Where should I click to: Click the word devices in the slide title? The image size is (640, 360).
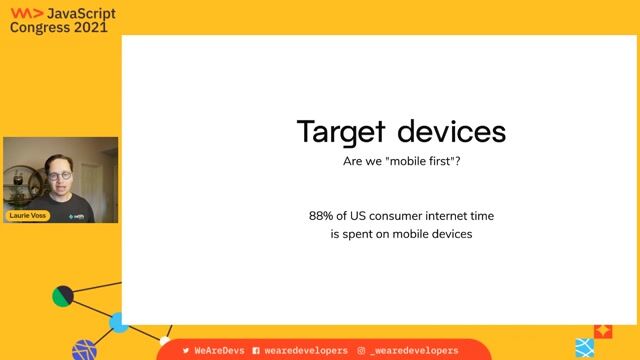(x=450, y=132)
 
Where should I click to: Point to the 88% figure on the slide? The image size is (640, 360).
(x=323, y=216)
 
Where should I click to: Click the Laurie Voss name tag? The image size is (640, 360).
(x=27, y=215)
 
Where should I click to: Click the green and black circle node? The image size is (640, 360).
(x=63, y=296)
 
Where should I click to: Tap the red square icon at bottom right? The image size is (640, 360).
(x=603, y=330)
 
